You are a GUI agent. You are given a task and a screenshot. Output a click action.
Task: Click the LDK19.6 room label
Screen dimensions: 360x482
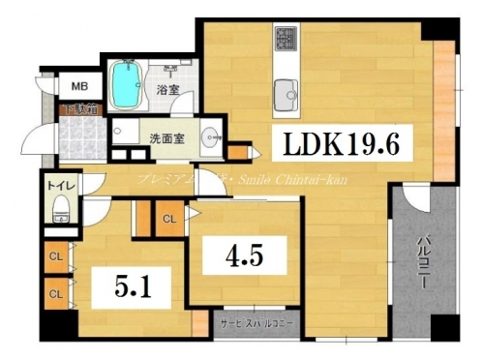342,146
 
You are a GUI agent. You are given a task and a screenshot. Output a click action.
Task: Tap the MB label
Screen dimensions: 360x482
76,86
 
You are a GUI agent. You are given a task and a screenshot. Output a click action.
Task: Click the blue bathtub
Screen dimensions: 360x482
124,84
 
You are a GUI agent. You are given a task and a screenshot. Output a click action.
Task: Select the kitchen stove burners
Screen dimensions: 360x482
287,41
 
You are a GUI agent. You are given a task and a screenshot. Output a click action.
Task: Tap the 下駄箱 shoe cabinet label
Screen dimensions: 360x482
77,109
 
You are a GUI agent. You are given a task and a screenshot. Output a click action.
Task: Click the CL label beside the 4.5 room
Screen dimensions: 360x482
168,218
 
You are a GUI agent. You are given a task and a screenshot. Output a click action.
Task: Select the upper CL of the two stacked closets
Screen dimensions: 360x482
55,256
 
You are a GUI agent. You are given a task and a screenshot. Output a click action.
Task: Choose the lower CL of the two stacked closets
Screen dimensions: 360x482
55,291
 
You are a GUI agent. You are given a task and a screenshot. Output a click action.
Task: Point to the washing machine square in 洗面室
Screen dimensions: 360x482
121,132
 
